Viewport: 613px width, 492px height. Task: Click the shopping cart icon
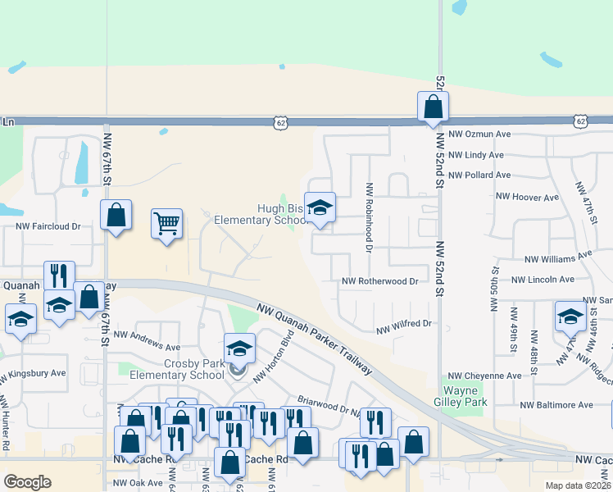166,222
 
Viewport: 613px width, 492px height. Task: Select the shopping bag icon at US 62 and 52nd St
432,107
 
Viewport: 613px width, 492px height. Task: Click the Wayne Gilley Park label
465,396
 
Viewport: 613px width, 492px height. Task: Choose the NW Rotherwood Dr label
379,281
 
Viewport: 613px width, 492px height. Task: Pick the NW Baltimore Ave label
556,405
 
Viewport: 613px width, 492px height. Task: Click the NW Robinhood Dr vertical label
370,216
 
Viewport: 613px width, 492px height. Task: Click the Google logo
27,482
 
